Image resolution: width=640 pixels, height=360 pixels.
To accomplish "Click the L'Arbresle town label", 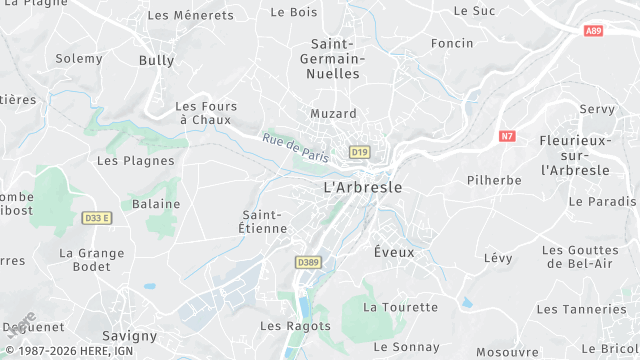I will (x=363, y=188).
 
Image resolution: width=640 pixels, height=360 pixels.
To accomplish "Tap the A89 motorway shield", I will (x=593, y=31).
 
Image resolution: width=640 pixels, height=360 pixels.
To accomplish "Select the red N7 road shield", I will (x=507, y=136).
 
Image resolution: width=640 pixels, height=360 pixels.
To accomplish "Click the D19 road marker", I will (x=360, y=151).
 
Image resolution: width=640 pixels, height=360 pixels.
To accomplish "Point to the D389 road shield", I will (x=308, y=262).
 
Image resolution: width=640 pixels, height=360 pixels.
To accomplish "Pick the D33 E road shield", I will (x=98, y=217).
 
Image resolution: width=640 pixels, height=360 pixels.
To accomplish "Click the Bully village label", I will (x=156, y=61).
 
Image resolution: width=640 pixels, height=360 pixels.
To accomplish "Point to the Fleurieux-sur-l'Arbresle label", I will (x=574, y=155).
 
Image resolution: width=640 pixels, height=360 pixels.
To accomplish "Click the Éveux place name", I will (x=394, y=252).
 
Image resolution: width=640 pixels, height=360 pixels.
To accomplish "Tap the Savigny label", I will (x=130, y=336).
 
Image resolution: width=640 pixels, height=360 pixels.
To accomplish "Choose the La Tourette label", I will (x=400, y=307).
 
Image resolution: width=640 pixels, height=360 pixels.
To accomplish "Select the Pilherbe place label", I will (x=494, y=181).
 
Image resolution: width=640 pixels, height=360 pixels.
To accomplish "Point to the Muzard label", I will (x=333, y=114).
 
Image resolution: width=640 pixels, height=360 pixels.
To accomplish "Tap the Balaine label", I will (x=157, y=204).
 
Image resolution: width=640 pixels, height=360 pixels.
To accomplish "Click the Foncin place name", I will (x=452, y=43).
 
